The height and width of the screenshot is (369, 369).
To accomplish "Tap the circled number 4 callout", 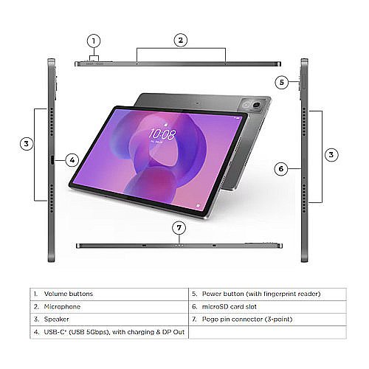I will pos(72,159).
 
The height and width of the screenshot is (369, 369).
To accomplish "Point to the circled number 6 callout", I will pos(280,168).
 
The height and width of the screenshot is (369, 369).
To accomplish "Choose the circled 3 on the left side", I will pos(26,144).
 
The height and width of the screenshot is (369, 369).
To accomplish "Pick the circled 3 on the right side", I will pos(332,154).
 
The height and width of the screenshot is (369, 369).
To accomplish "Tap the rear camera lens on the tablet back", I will pos(258,108).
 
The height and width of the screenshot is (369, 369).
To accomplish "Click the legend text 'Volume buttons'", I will pos(69,293).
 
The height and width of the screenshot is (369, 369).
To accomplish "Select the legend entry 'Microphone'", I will pos(63,306).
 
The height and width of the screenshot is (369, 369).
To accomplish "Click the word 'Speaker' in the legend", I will pos(58,318).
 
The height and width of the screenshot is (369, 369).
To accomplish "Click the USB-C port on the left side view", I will pos(51,159).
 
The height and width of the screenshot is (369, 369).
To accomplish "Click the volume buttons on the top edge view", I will pos(94,63).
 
